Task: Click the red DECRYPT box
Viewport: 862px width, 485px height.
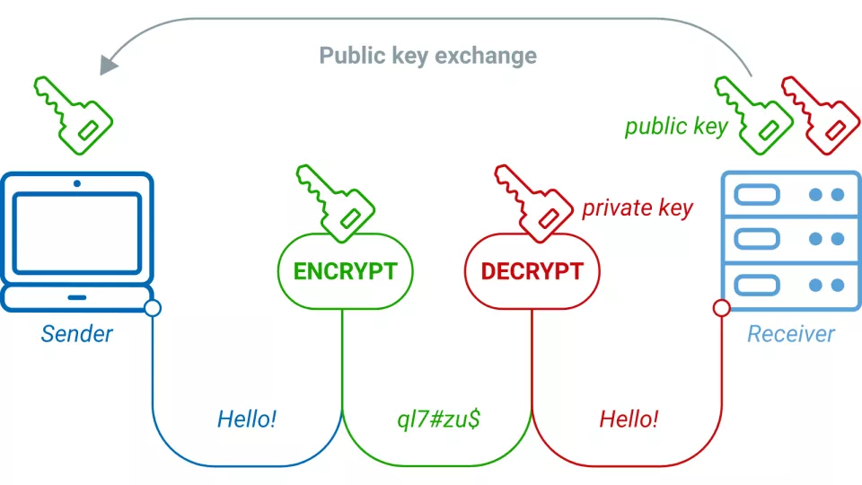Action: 532,271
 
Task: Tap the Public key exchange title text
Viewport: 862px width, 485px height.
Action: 428,56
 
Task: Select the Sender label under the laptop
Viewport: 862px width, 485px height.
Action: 77,334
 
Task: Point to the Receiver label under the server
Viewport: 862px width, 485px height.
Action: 791,334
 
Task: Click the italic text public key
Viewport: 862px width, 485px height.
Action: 676,126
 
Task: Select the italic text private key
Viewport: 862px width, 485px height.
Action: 638,208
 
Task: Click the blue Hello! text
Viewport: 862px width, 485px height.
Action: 245,419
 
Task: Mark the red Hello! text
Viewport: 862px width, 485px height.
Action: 629,419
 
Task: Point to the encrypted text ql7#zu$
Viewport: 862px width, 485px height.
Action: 438,419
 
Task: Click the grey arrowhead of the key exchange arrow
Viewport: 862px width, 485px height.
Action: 110,64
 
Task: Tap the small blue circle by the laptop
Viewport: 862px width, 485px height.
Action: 153,309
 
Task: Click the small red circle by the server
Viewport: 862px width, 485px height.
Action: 721,309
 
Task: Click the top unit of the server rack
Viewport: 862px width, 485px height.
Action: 791,195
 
